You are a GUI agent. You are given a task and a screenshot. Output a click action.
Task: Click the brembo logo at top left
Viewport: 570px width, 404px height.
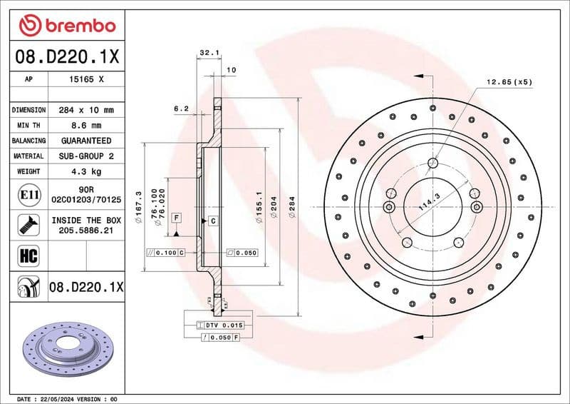[x=67, y=26]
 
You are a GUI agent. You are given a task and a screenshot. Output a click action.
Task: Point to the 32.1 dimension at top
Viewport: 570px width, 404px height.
[x=208, y=53]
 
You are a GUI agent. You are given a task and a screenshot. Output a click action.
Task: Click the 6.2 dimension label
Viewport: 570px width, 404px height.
[x=181, y=109]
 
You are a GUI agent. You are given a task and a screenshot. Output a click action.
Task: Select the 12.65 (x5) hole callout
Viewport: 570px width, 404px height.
[x=509, y=82]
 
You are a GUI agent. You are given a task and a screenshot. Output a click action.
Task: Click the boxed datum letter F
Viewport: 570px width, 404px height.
[x=175, y=216]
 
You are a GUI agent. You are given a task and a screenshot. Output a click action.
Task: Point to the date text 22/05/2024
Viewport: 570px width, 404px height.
[x=57, y=398]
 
